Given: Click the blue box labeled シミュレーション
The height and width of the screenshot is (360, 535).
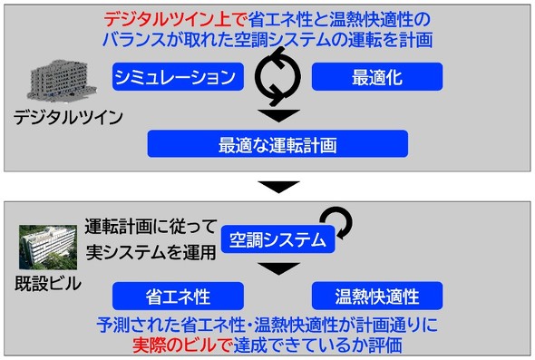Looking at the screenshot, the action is click(178, 77).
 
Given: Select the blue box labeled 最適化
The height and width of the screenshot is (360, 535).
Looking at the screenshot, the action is click(377, 77).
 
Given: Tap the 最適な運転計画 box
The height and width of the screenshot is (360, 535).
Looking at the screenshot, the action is click(277, 143).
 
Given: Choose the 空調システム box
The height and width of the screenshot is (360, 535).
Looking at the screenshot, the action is click(277, 239).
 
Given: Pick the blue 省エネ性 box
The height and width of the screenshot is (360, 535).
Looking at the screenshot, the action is click(178, 296).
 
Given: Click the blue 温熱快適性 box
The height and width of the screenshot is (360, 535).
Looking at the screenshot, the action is click(377, 296).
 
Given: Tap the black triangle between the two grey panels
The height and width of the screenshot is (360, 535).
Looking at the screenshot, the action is click(278, 186).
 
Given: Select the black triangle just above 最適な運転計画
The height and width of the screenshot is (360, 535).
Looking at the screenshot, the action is click(278, 115).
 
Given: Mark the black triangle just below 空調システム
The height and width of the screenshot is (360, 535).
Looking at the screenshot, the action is click(278, 268).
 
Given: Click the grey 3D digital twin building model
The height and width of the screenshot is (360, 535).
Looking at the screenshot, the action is click(62, 82).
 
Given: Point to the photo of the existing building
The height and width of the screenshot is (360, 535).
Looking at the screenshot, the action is click(48, 248).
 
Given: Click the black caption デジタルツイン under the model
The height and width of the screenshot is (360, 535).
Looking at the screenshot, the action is click(68, 118).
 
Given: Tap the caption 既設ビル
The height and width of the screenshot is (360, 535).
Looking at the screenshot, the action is click(48, 284).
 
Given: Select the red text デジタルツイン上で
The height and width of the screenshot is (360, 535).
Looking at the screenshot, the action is click(175, 19).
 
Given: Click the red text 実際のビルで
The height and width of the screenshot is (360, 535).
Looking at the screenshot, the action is click(182, 345).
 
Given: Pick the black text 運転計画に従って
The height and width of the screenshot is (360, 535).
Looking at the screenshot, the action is click(151, 227).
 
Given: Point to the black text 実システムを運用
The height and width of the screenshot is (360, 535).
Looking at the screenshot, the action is click(151, 252).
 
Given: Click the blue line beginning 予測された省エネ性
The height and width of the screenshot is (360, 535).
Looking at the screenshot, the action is click(267, 325).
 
